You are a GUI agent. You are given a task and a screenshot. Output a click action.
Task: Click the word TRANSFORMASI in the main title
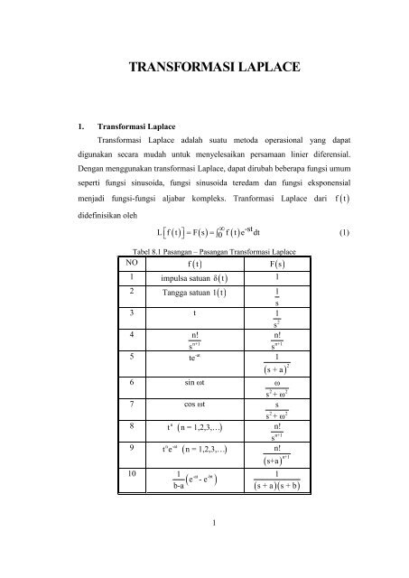click(171, 68)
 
